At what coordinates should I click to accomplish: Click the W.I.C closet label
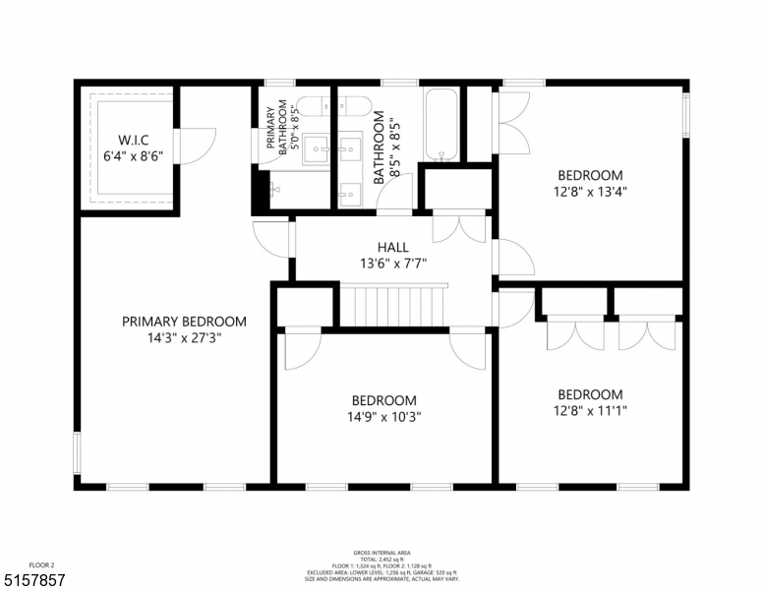(x=132, y=139)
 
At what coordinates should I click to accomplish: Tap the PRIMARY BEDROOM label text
(x=184, y=322)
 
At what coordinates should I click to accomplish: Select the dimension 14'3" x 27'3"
(x=184, y=339)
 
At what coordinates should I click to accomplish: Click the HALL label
(x=392, y=247)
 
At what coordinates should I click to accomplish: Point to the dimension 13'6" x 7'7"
(x=392, y=263)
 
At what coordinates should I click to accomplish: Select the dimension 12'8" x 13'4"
(x=589, y=193)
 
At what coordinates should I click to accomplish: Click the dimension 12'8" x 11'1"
(x=589, y=411)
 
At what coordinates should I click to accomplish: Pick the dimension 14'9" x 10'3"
(x=383, y=418)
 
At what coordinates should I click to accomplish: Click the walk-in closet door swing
(x=198, y=147)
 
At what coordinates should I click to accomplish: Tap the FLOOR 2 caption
(x=42, y=565)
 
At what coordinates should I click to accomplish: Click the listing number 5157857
(x=33, y=581)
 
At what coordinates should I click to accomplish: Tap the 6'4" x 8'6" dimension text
(x=132, y=155)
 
